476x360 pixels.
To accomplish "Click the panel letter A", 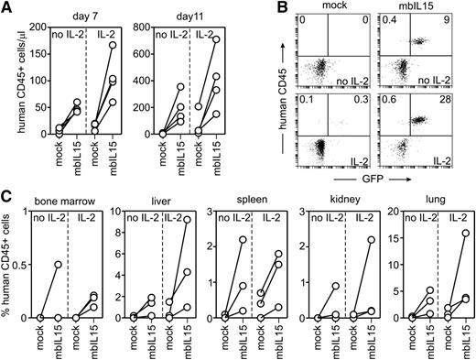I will (7, 8).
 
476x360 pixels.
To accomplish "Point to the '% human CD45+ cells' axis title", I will (10, 278).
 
